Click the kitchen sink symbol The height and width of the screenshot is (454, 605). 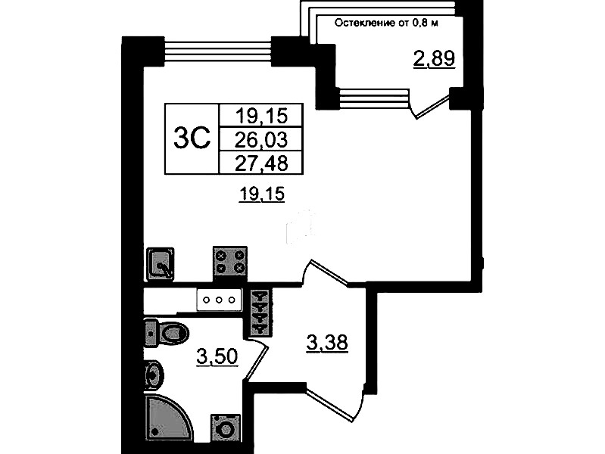pyautogui.click(x=160, y=264)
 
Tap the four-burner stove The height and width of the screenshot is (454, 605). pyautogui.click(x=230, y=261)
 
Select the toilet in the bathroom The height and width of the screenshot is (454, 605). pyautogui.click(x=167, y=332)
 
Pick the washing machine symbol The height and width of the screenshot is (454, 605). pyautogui.click(x=226, y=428)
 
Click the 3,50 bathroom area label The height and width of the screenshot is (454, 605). pyautogui.click(x=217, y=356)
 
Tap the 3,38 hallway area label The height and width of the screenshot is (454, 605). pyautogui.click(x=327, y=343)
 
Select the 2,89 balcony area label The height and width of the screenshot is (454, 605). pyautogui.click(x=434, y=58)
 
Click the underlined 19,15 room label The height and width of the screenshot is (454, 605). pyautogui.click(x=261, y=194)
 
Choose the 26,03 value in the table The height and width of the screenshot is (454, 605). pyautogui.click(x=261, y=139)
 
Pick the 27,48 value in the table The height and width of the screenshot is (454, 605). pyautogui.click(x=261, y=163)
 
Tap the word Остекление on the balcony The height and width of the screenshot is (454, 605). pyautogui.click(x=361, y=23)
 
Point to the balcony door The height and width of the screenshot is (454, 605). pyautogui.click(x=431, y=104)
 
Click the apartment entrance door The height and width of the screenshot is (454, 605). pyautogui.click(x=335, y=402)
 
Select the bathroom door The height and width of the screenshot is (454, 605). pyautogui.click(x=256, y=356)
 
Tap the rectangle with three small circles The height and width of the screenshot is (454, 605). pyautogui.click(x=219, y=300)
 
